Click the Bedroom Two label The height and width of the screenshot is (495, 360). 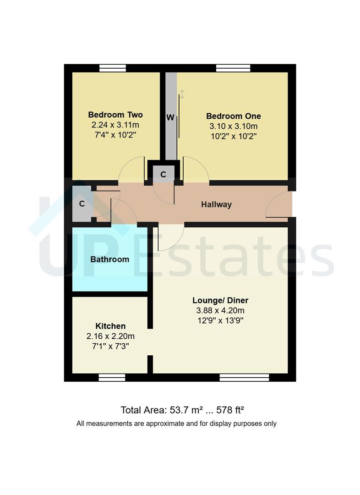[115, 115]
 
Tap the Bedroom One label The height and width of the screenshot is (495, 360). [233, 116]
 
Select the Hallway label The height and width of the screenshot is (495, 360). [216, 204]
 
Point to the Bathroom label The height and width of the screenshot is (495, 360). [109, 259]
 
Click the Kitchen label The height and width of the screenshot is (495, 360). [110, 326]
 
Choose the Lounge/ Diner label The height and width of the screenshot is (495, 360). [220, 301]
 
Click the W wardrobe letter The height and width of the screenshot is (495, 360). [170, 118]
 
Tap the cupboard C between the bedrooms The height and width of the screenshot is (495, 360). [163, 174]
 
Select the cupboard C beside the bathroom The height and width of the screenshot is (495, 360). [82, 204]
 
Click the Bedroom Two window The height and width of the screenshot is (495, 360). [113, 68]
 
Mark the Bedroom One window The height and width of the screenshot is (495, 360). [233, 68]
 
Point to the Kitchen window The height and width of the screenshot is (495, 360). [112, 378]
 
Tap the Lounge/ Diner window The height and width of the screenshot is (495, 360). [244, 378]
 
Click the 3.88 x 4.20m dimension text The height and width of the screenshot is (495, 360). [220, 311]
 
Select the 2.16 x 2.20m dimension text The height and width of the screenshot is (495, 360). [110, 336]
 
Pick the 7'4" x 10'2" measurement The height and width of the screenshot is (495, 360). [115, 135]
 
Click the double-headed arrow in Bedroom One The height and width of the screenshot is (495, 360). [182, 94]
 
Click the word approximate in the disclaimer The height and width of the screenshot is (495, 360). [166, 423]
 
